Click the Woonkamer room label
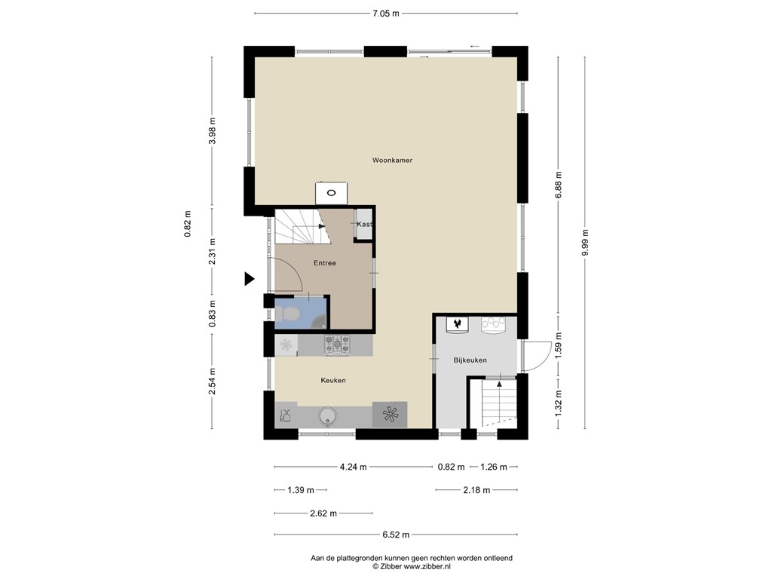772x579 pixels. point(392,160)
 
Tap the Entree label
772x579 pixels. point(324,263)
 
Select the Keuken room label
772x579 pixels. point(332,381)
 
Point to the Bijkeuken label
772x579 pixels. point(470,360)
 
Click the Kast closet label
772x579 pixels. point(364,225)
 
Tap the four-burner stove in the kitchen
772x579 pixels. point(337,345)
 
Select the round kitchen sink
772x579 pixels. point(327,415)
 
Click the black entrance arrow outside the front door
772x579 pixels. point(249,280)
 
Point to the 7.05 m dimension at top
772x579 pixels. point(385,13)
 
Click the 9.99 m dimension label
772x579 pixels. point(586,242)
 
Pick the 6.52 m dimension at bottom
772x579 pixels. point(395,535)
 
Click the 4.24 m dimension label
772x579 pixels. point(352,467)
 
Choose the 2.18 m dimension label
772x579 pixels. point(476,490)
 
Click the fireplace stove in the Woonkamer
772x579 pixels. point(330,193)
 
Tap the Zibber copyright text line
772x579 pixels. point(411,566)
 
